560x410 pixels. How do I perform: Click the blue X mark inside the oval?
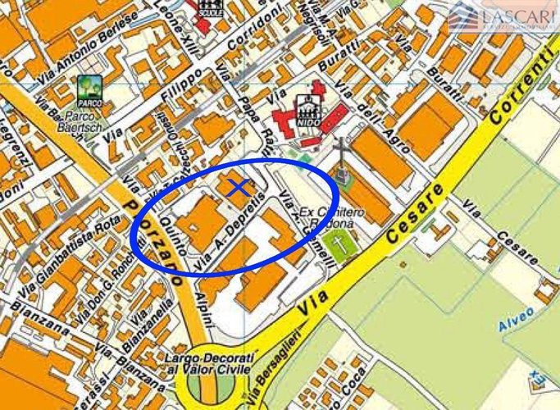point(238,188)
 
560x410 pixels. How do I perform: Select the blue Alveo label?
point(516,316)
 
